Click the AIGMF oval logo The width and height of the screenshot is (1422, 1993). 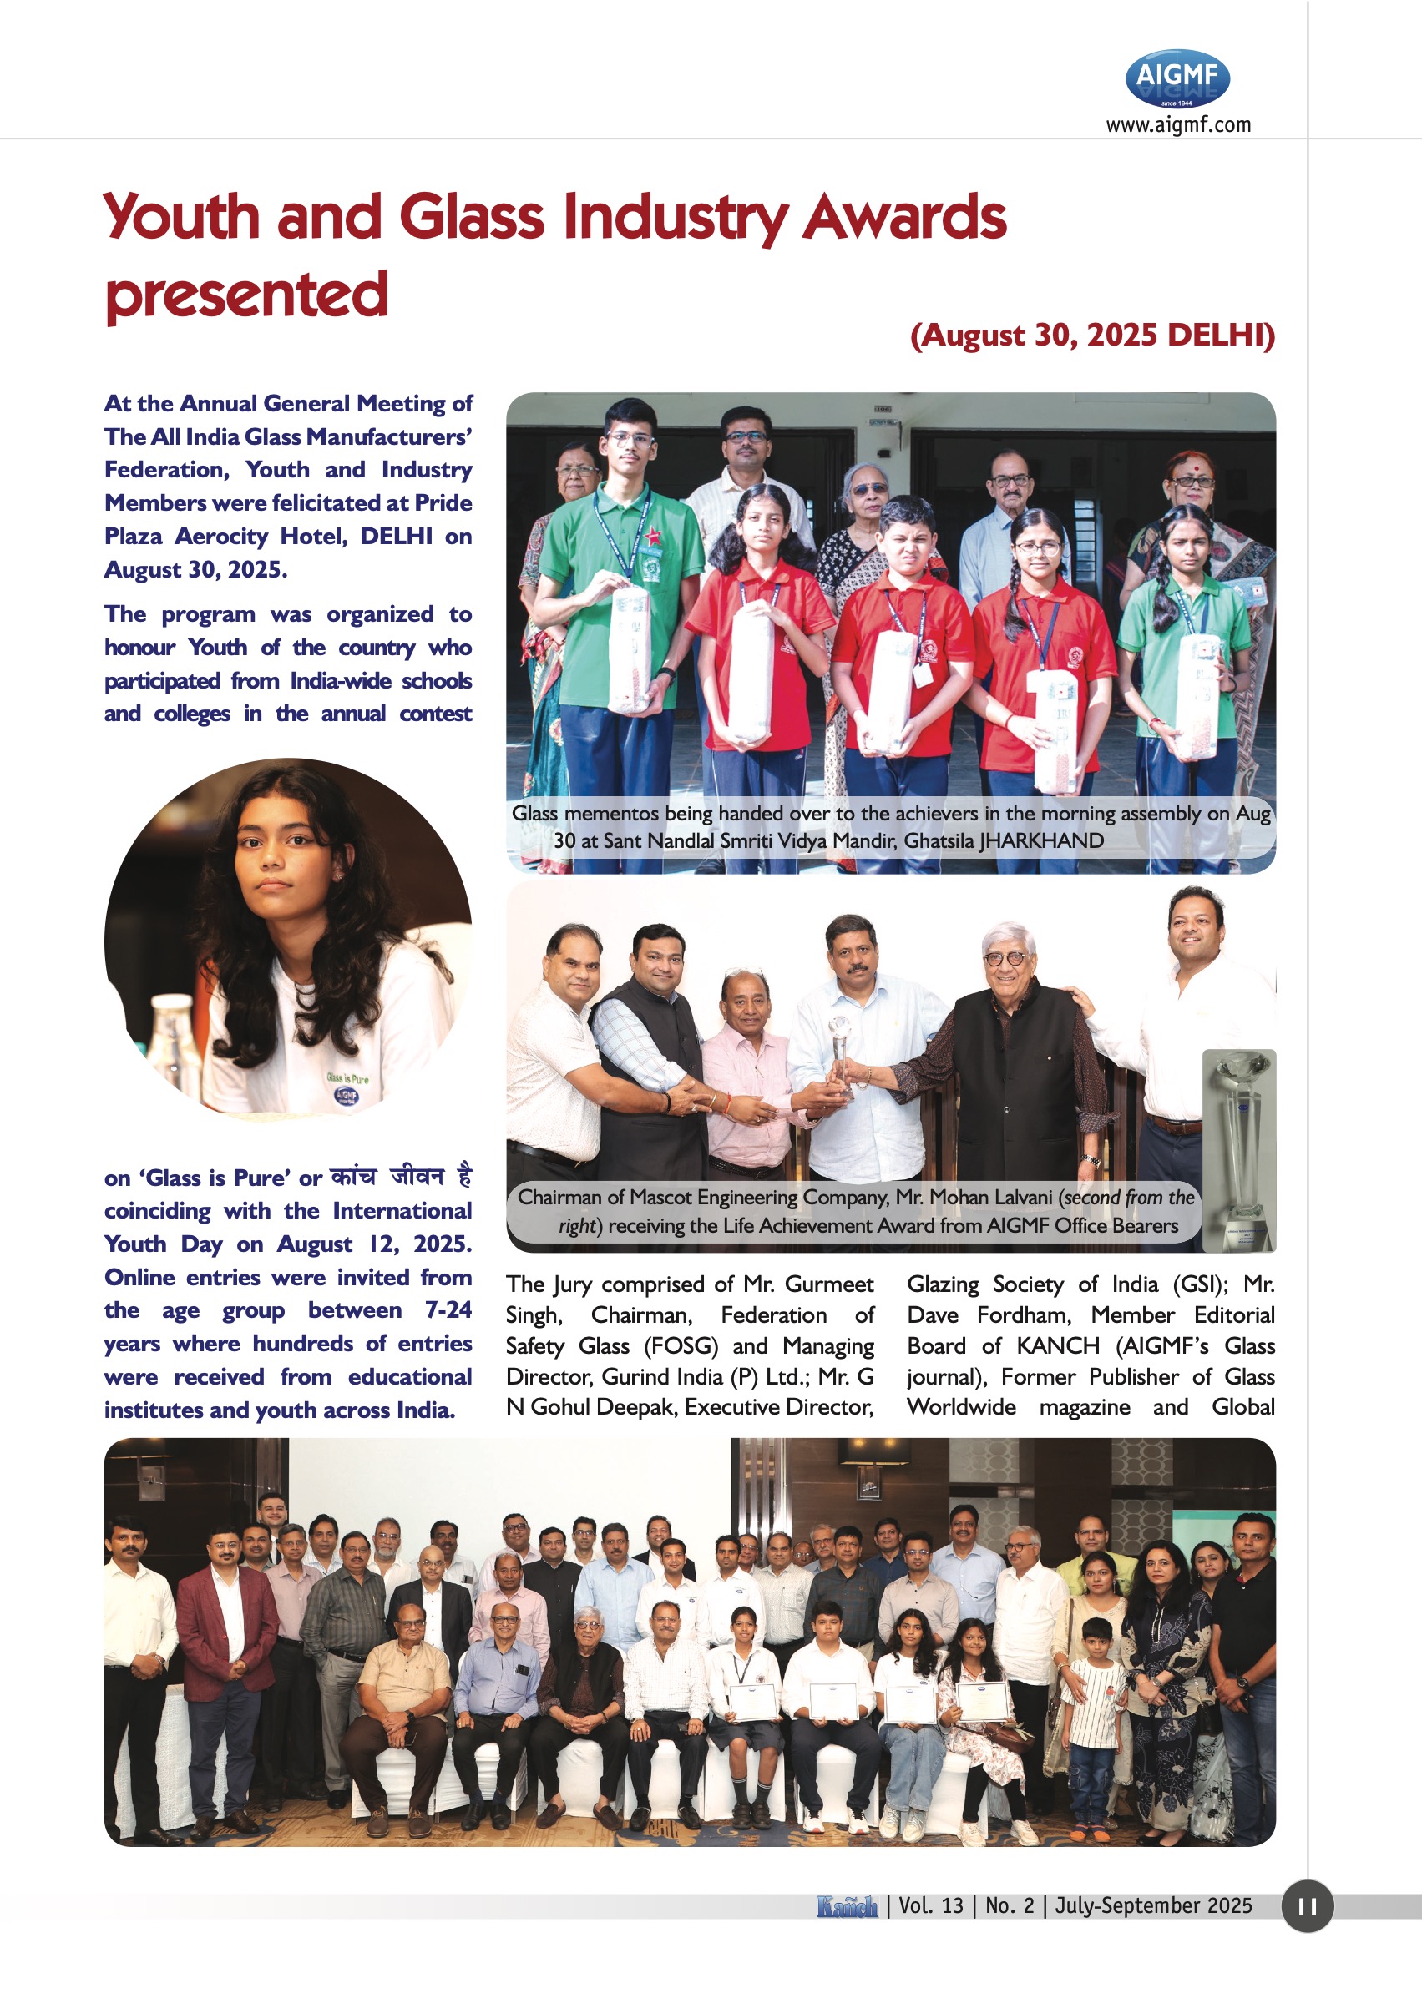point(1177,78)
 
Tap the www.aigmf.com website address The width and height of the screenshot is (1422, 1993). point(1177,125)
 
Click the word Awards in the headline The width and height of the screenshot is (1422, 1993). point(904,217)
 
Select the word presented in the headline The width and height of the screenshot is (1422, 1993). point(246,295)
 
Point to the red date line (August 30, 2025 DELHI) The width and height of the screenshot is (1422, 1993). point(1092,336)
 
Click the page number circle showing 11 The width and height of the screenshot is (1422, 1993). point(1307,1905)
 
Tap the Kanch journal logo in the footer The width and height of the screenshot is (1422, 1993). point(847,1905)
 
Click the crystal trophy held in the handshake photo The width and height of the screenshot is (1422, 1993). point(841,1055)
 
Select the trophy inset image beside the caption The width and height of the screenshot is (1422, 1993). point(1239,1150)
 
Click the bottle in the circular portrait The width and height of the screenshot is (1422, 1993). point(173,1042)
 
